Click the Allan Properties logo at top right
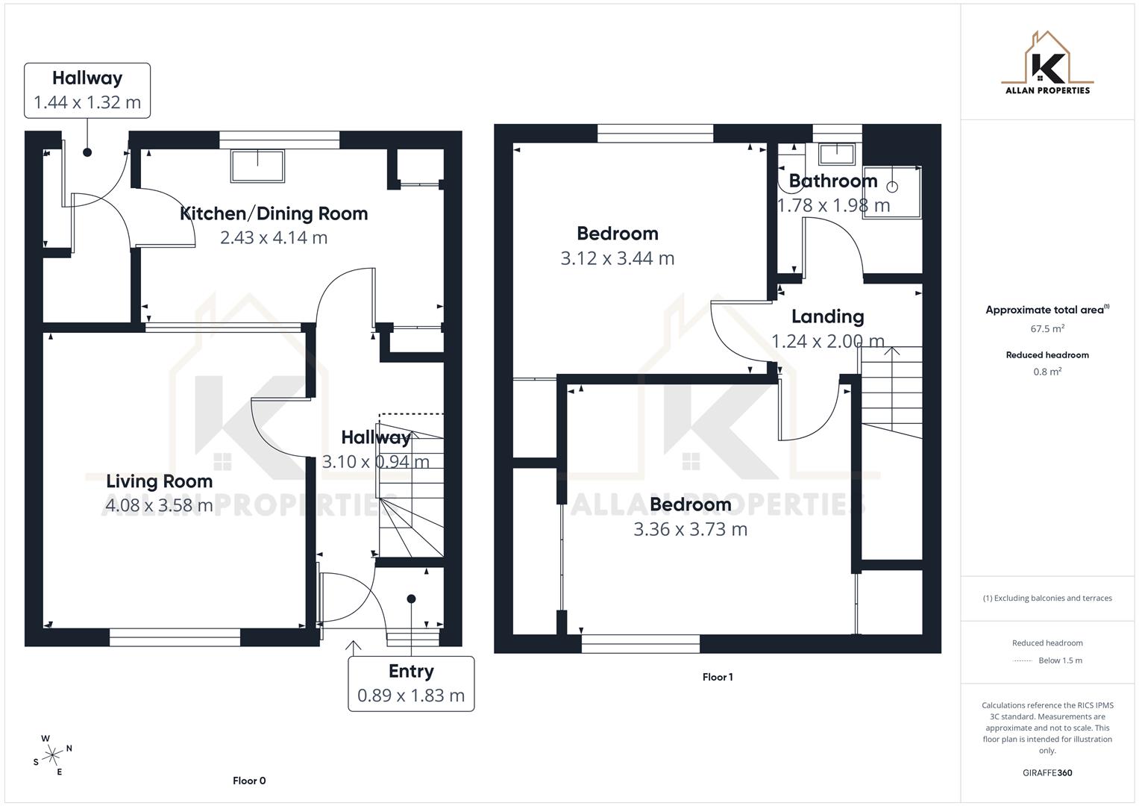pos(1047,63)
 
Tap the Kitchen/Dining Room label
pos(274,213)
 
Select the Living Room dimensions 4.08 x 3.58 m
pos(159,505)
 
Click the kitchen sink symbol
pos(257,166)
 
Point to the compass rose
pos(52,755)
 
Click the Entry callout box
pos(411,684)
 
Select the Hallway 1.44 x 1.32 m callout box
pos(87,90)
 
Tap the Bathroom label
pos(832,181)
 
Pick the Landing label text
pos(827,316)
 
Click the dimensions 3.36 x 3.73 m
pos(690,529)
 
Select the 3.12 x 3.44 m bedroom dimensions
pos(617,258)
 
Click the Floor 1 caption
pos(717,677)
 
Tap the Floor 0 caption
pos(249,781)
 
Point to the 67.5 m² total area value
pos(1047,328)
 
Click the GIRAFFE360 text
pos(1047,772)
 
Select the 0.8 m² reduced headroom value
pos(1047,372)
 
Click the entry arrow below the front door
pos(353,646)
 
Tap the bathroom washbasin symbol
pos(836,154)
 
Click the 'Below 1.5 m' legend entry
pos(1060,660)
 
